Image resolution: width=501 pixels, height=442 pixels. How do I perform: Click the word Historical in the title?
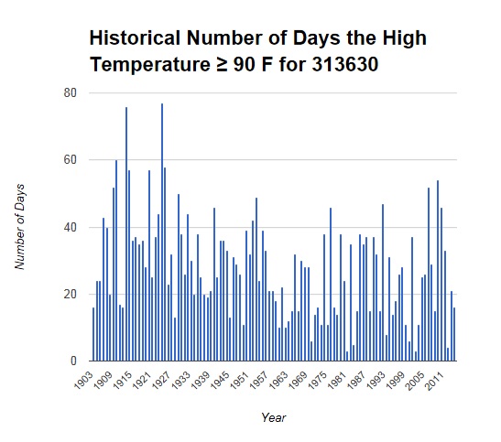coord(136,38)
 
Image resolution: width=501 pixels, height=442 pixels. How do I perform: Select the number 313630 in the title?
coord(345,64)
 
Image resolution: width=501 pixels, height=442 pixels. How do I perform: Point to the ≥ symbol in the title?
coord(221,65)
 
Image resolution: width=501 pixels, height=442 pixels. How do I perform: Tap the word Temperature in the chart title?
coord(150,65)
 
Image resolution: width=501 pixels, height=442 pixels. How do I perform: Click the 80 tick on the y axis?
coord(71,92)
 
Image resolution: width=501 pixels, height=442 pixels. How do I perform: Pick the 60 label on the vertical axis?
coord(71,159)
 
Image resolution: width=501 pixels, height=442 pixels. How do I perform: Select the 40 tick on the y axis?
coord(71,227)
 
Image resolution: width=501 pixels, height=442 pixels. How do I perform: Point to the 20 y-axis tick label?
coord(71,294)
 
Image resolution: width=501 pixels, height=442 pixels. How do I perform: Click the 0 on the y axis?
coord(74,361)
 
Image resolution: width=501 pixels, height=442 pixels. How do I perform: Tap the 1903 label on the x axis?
coord(83,380)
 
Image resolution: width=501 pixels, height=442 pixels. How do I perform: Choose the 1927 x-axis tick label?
coord(161,380)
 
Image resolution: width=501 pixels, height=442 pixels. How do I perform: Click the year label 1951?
coord(240,380)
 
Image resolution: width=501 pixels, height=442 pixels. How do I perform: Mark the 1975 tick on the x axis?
coord(318,380)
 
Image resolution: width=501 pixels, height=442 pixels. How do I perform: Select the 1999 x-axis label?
coord(396,380)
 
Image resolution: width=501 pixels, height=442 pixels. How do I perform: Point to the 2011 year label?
coord(434,380)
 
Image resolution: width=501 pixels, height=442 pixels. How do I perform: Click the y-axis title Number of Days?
coord(20,227)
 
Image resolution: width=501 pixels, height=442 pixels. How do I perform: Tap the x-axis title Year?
coord(274,417)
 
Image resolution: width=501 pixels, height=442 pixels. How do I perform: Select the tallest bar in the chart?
coord(162,232)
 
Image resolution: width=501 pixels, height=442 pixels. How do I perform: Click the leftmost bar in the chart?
coord(93,334)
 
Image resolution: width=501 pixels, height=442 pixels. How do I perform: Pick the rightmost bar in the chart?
coord(454,334)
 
